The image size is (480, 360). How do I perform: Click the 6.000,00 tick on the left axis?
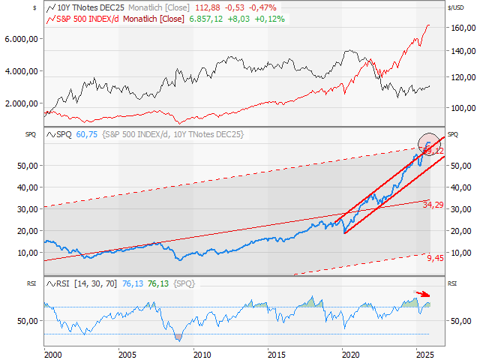point(22,38)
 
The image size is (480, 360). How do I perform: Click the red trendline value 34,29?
point(433,204)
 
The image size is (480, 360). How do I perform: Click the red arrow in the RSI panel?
point(424,294)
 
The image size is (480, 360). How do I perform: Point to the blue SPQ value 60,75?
point(87,134)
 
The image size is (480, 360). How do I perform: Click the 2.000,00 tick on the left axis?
point(22,103)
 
